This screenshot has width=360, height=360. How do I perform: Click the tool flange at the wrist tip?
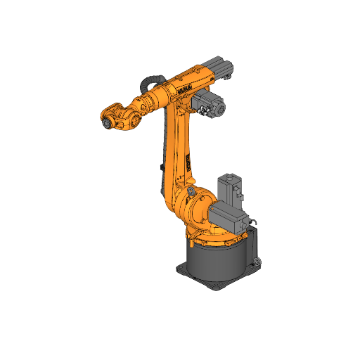click(x=106, y=123)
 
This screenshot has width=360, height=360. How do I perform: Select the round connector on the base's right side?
click(x=257, y=263)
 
